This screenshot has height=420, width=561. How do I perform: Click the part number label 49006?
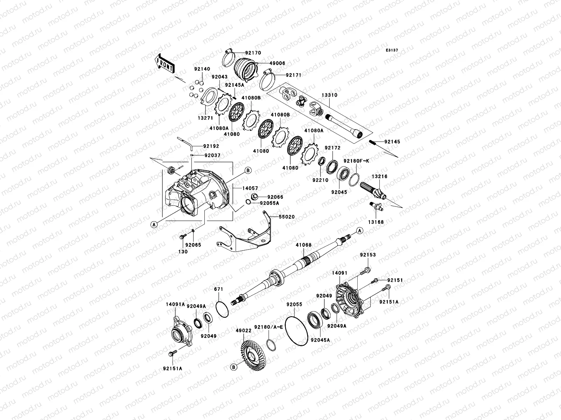click(277, 63)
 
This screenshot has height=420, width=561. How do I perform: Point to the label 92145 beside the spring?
click(392, 142)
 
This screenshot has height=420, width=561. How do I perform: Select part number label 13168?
click(376, 222)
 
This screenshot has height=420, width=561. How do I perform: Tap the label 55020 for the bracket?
click(286, 217)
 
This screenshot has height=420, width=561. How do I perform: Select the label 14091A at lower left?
click(175, 304)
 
